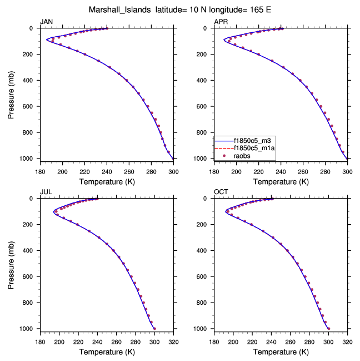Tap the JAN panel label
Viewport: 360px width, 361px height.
click(x=46, y=22)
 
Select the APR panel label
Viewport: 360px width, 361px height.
click(x=221, y=22)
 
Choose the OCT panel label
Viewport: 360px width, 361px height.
click(x=221, y=192)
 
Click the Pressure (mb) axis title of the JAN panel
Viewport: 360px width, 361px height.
click(x=12, y=93)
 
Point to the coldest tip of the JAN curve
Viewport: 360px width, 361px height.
click(x=47, y=40)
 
